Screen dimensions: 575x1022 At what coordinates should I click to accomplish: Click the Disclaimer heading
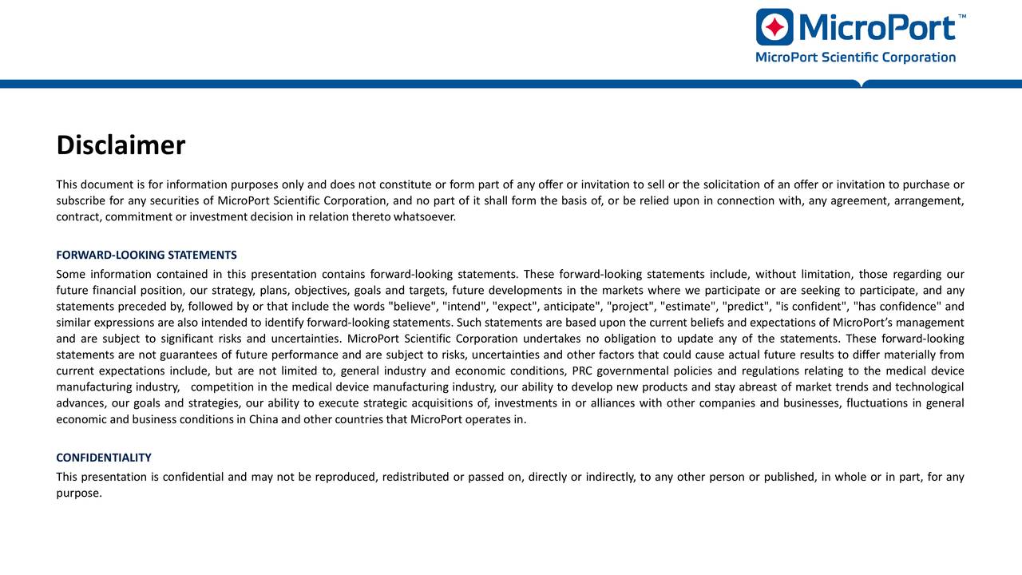pyautogui.click(x=121, y=145)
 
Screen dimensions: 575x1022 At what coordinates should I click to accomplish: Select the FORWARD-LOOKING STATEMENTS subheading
pyautogui.click(x=146, y=256)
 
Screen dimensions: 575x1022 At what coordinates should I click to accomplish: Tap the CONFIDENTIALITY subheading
pyautogui.click(x=104, y=458)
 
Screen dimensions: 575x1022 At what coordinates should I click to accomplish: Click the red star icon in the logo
pyautogui.click(x=774, y=27)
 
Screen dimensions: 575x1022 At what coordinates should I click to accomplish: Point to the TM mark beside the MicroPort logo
pyautogui.click(x=962, y=16)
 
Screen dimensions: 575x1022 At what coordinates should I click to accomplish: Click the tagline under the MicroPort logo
pyautogui.click(x=855, y=57)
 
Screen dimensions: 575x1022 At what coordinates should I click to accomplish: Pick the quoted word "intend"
pyautogui.click(x=465, y=307)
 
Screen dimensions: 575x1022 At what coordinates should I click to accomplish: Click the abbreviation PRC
pyautogui.click(x=582, y=371)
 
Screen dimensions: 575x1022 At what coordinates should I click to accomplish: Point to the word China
pyautogui.click(x=263, y=418)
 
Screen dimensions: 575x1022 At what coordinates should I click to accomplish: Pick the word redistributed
pyautogui.click(x=415, y=478)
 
